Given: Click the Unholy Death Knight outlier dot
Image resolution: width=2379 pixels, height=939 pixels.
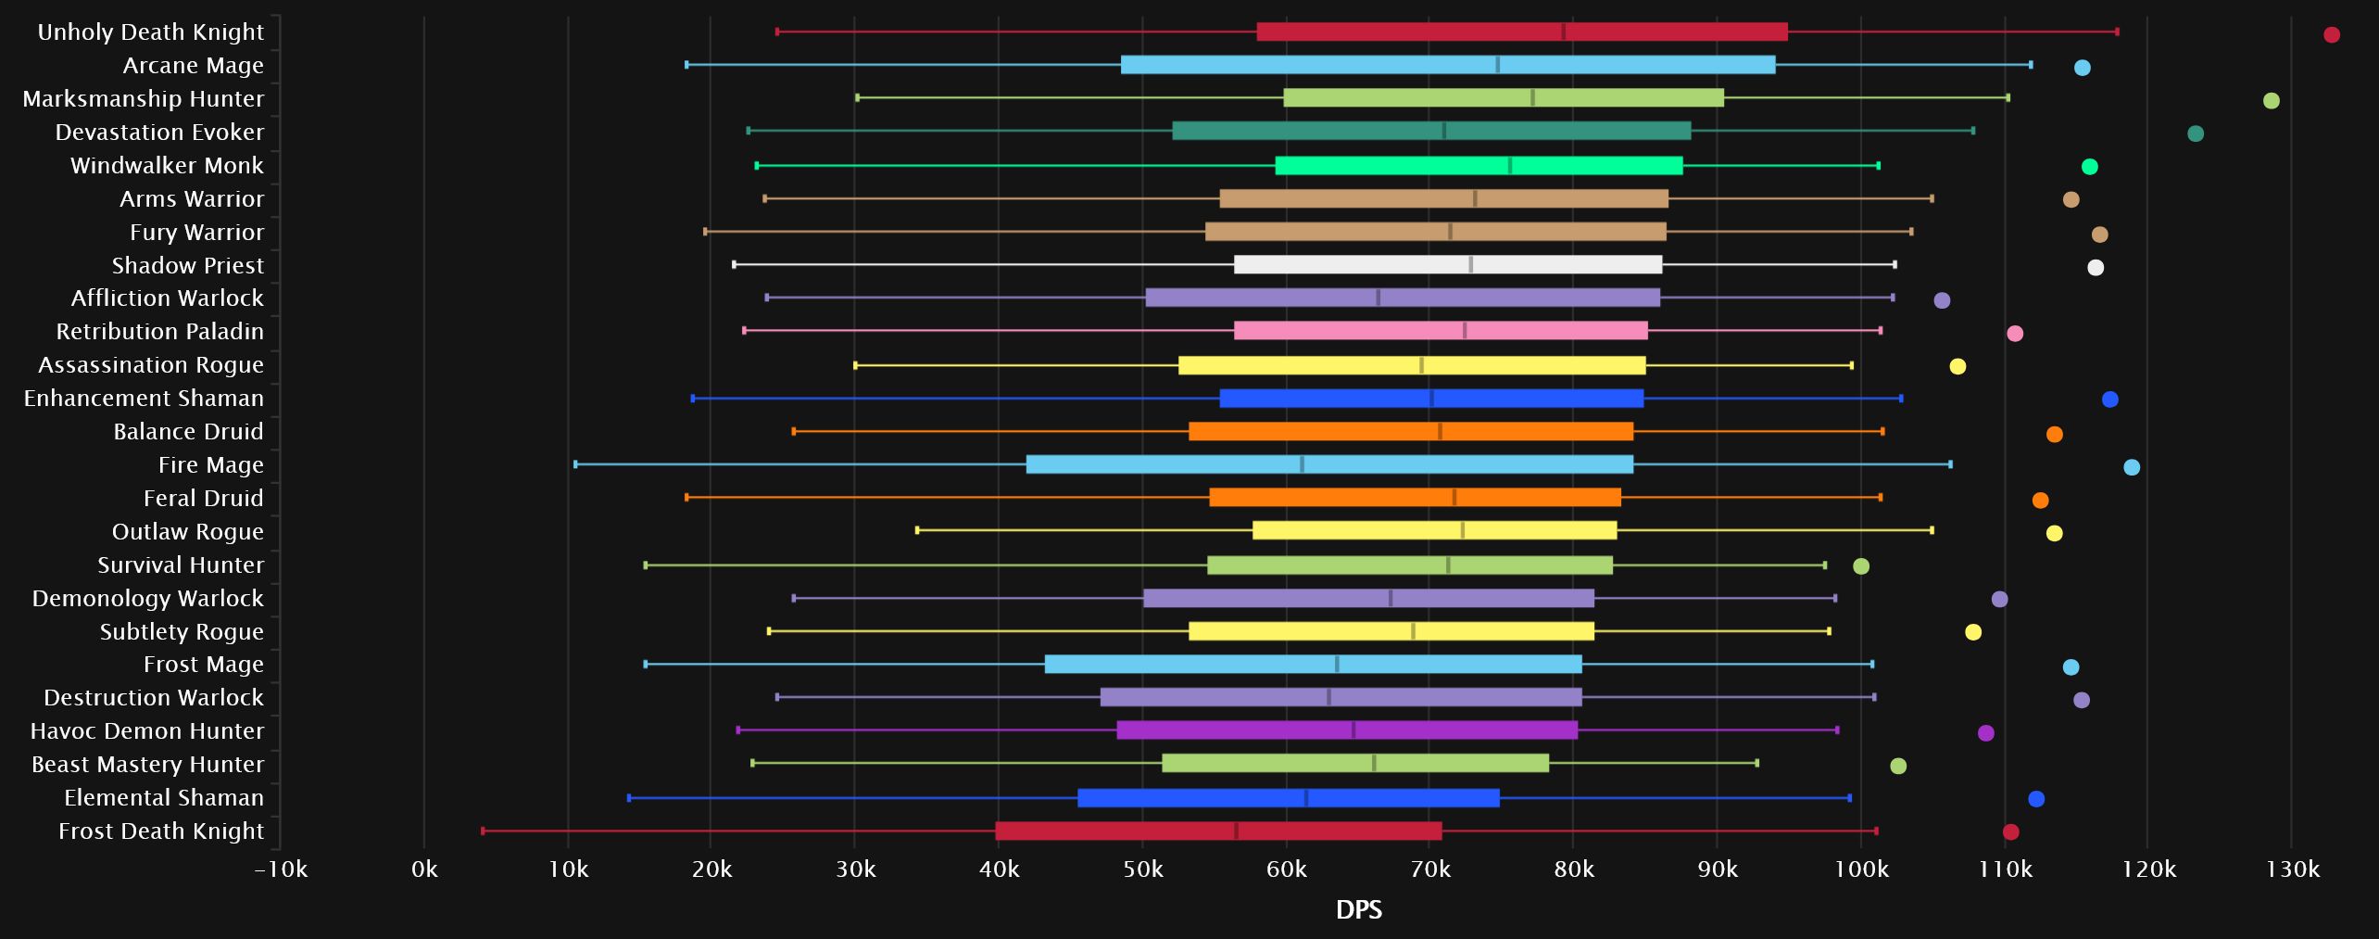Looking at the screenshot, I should (x=2332, y=35).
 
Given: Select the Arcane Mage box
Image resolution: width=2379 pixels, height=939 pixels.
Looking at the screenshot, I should (x=1447, y=65).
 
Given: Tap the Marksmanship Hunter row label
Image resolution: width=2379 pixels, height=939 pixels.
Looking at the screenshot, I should (x=144, y=98).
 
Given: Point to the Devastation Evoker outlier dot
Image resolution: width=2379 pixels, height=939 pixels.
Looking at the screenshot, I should (x=2195, y=133).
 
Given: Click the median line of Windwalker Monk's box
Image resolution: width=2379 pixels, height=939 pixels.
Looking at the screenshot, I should (x=1510, y=166).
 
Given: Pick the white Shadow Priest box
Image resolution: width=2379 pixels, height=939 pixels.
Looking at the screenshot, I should (x=1447, y=265).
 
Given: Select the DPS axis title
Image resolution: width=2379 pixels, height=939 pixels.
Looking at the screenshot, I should (x=1358, y=909).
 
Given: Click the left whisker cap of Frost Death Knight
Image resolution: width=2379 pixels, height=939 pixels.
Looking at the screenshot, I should (x=483, y=831).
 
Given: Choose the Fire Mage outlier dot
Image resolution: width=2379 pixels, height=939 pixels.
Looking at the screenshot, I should (x=2131, y=467).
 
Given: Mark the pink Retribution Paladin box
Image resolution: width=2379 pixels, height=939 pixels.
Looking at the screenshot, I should (x=1441, y=331).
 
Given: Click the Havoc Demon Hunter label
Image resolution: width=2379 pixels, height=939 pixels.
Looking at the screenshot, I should (x=147, y=730).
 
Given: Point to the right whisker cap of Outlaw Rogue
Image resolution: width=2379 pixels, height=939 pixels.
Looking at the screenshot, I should (x=1931, y=530).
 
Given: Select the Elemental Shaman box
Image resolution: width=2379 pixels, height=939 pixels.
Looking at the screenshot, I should (x=1288, y=797).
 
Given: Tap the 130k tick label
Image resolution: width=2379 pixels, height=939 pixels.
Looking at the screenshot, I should (x=2292, y=869).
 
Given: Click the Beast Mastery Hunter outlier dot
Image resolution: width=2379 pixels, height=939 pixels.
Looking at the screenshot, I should (x=1897, y=766).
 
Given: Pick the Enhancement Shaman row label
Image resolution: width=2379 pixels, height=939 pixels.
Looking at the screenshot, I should (x=144, y=398).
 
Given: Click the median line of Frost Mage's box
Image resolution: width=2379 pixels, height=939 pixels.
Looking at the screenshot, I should (x=1337, y=664).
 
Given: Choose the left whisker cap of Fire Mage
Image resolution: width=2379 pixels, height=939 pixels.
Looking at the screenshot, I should (x=575, y=464).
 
